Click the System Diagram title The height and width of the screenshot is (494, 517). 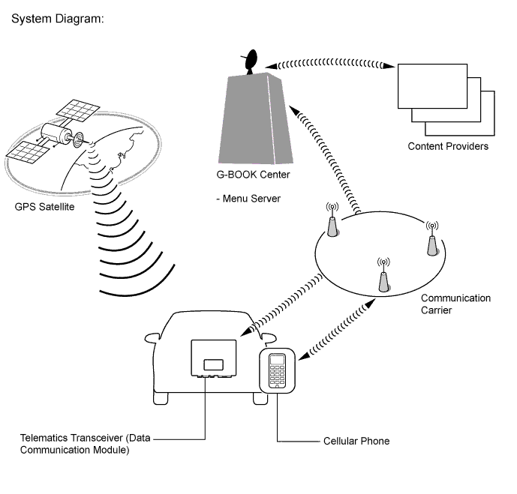pyautogui.click(x=57, y=16)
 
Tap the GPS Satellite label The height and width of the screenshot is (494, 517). pyautogui.click(x=44, y=206)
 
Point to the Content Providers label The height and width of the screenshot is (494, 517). pyautogui.click(x=448, y=146)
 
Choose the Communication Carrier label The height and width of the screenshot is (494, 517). pyautogui.click(x=455, y=304)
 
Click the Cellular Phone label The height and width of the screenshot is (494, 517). pyautogui.click(x=356, y=441)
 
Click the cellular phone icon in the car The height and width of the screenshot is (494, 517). pyautogui.click(x=278, y=370)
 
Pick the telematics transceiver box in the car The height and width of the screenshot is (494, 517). pyautogui.click(x=214, y=358)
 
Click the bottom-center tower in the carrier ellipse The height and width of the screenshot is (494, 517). pyautogui.click(x=383, y=279)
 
